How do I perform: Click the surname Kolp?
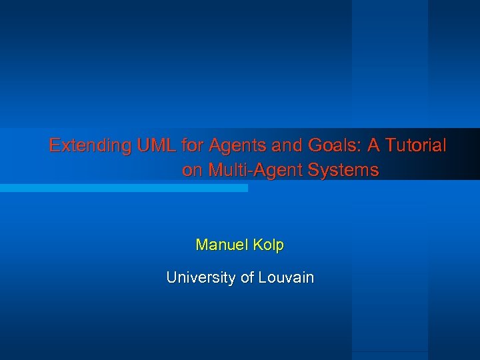click(269, 245)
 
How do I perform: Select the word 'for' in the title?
click(192, 145)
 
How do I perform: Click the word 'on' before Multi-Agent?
click(193, 171)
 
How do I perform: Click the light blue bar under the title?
click(123, 188)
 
